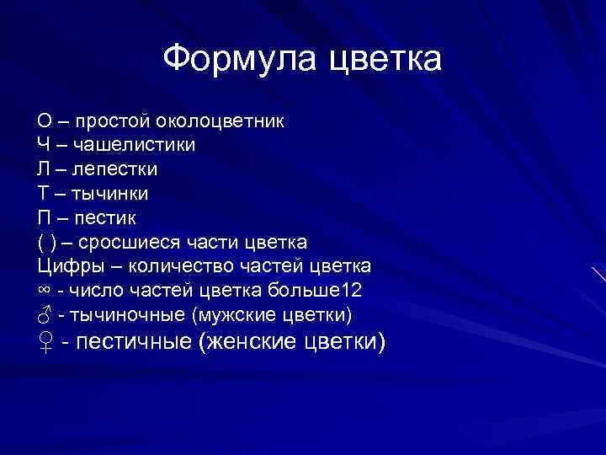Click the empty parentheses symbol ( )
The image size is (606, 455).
point(47,243)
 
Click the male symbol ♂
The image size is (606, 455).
point(45,315)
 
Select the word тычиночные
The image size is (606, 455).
point(128,316)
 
